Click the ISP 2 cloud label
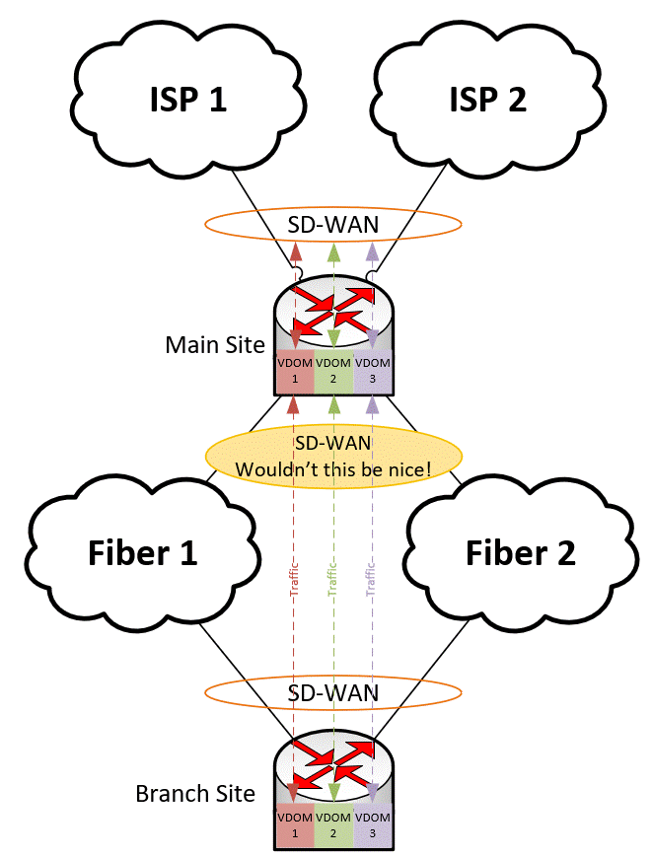pyautogui.click(x=487, y=99)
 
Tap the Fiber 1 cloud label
pyautogui.click(x=144, y=552)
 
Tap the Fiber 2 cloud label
pyautogui.click(x=520, y=552)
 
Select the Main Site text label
pyautogui.click(x=215, y=345)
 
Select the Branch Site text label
pyautogui.click(x=195, y=793)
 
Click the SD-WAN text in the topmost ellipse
pyautogui.click(x=332, y=225)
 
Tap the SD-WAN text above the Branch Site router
pyautogui.click(x=332, y=692)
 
